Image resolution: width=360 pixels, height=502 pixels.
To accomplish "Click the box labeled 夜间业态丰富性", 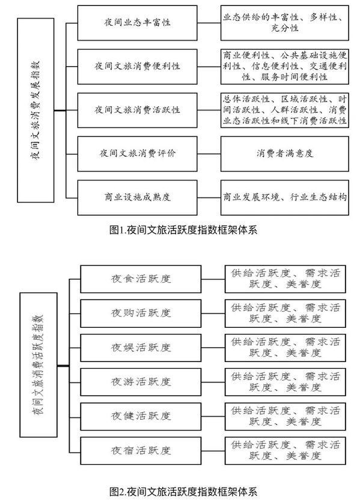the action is (137, 23).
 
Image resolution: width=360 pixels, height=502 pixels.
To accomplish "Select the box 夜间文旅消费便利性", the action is (137, 67).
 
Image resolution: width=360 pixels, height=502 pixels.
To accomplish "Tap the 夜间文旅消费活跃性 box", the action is (137, 110).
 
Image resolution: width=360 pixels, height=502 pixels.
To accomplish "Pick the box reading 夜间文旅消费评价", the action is (137, 154).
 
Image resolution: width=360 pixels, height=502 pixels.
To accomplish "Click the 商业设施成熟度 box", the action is (137, 198).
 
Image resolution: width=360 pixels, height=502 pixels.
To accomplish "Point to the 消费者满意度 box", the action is (285, 154).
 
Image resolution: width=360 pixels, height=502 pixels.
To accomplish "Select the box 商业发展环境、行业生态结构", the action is (285, 198).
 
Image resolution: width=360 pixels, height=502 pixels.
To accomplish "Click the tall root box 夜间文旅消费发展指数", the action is (35, 110).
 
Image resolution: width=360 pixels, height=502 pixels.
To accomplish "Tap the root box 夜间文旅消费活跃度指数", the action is (38, 364).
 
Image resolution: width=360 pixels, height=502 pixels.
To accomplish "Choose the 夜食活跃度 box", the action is (141, 279).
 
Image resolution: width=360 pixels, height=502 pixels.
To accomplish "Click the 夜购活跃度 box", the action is (141, 313).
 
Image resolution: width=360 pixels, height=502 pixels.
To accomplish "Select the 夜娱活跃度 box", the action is (141, 348).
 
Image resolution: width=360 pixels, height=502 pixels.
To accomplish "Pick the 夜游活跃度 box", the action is (141, 382).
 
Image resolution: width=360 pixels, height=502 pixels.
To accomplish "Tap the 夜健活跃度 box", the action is (141, 417).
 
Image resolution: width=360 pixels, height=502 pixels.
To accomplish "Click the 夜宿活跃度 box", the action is (141, 451).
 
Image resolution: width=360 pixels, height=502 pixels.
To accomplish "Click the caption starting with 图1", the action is (183, 230).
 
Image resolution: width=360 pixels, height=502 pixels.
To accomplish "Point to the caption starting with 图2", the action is (183, 492).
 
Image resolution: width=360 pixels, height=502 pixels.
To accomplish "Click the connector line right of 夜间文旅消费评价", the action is (209, 154).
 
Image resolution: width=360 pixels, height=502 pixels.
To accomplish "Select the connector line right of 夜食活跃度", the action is (213, 279).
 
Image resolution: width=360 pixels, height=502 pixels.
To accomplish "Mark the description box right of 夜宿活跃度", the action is (285, 451).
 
